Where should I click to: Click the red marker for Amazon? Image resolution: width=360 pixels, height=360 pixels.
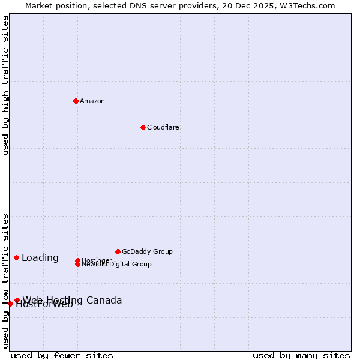click(x=76, y=101)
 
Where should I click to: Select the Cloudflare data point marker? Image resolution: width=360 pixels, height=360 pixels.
click(x=143, y=127)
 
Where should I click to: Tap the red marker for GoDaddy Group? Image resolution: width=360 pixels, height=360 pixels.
click(x=118, y=251)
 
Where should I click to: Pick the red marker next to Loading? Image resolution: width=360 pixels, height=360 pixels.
click(x=16, y=257)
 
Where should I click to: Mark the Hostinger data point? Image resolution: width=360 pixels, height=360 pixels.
click(x=77, y=260)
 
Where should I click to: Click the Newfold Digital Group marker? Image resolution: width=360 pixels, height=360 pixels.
click(x=77, y=264)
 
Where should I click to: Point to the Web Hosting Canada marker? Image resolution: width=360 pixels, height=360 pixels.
click(x=17, y=300)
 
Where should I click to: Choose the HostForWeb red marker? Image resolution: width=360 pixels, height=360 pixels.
click(x=10, y=304)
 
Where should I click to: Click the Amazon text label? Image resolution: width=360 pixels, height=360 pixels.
click(x=92, y=101)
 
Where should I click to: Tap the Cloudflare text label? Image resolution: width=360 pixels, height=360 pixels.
click(x=163, y=127)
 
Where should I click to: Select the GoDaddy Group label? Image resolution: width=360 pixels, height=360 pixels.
click(x=147, y=251)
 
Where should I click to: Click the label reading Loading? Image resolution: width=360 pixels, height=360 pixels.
click(x=40, y=258)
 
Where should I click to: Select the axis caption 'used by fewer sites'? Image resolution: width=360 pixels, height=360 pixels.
click(x=62, y=355)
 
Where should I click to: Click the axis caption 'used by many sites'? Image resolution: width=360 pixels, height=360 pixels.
click(x=301, y=355)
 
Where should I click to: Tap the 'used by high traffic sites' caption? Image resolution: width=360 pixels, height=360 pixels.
click(x=6, y=85)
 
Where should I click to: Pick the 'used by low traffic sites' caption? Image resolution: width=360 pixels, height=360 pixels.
click(x=6, y=281)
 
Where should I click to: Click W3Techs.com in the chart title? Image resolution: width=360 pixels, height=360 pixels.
click(x=310, y=6)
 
